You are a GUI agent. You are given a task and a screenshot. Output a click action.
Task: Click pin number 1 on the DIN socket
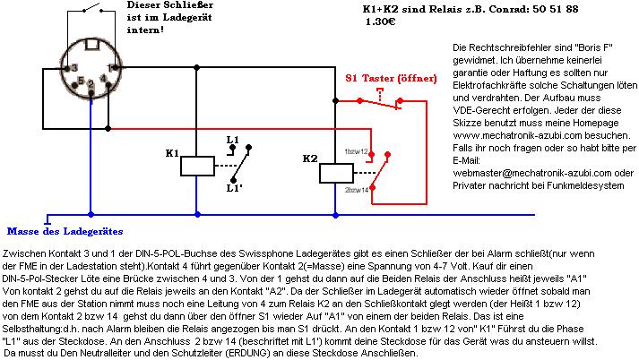pyautogui.click(x=110, y=67)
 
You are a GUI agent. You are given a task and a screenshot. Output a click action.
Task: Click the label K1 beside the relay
pyautogui.click(x=172, y=152)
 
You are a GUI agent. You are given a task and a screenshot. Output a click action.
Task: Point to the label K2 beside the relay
pyautogui.click(x=310, y=159)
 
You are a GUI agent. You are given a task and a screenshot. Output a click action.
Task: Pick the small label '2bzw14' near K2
pyautogui.click(x=357, y=191)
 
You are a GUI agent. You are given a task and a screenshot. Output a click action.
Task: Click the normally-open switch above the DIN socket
pyautogui.click(x=88, y=11)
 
